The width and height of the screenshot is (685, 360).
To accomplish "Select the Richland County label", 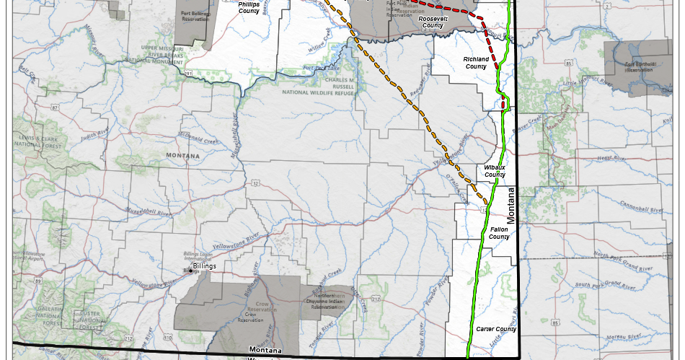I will [x=475, y=61].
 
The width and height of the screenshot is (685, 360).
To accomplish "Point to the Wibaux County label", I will [x=495, y=171].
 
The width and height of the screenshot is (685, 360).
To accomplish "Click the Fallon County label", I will [x=499, y=232].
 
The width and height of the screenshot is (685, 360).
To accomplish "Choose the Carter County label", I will [x=496, y=329].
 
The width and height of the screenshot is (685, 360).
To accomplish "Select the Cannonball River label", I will [x=636, y=208].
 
